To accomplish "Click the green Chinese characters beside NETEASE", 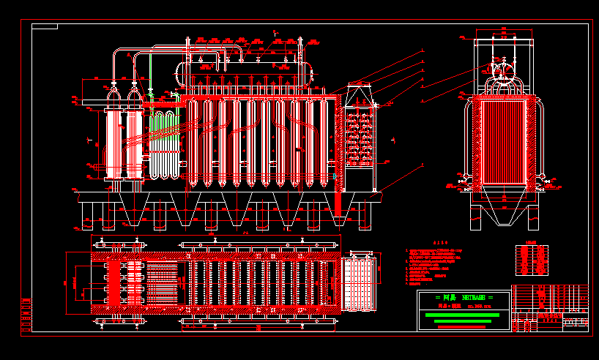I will pos(447,298).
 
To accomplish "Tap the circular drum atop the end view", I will pos(504,70).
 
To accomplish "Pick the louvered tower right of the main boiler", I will pos(360,135).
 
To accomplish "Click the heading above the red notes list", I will pos(439,242).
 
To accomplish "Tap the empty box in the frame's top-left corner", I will pos(45,27).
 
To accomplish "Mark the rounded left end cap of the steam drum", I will pos(178,71).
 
